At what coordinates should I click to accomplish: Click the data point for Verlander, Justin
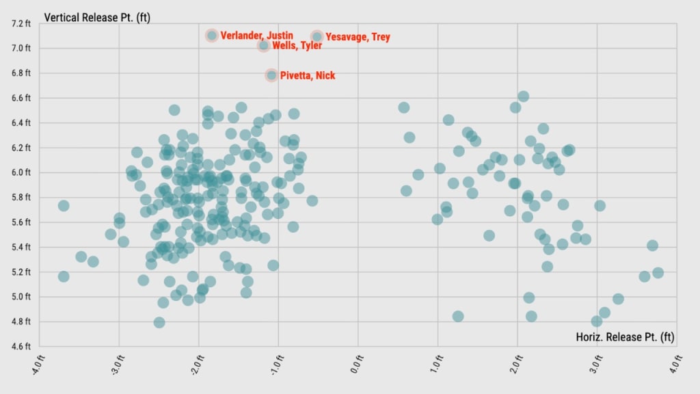point(212,36)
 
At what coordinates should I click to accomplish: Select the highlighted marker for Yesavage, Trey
point(317,37)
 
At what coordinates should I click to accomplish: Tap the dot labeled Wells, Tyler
point(264,46)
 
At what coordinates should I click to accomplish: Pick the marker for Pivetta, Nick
point(271,75)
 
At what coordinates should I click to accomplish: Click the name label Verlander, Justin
point(257,36)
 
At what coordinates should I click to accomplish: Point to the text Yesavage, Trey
point(358,37)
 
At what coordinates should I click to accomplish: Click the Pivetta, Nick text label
point(308,75)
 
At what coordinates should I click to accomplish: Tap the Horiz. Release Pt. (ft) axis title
point(625,337)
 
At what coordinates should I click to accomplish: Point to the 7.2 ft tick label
point(21,23)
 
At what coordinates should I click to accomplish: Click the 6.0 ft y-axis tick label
point(21,172)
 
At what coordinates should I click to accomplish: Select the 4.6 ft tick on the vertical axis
point(21,346)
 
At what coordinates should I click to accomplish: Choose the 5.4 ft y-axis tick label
point(21,247)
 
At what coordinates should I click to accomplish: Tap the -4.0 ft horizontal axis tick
point(39,365)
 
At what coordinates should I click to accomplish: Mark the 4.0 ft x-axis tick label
point(676,365)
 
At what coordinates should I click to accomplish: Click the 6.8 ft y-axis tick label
point(21,73)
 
